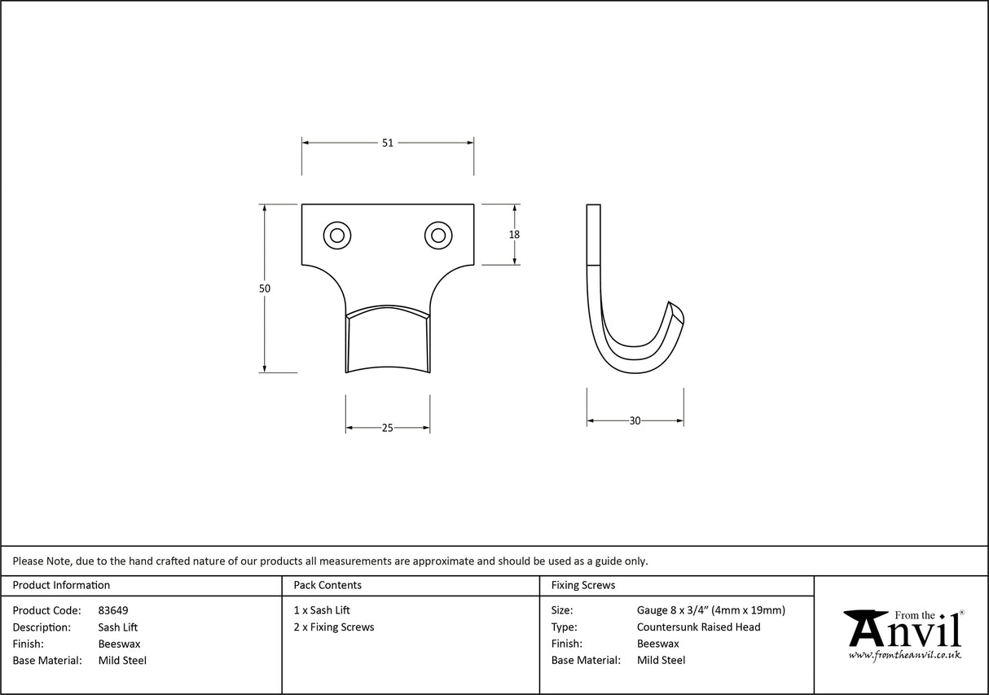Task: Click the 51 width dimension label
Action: pos(388,143)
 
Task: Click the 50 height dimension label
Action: pos(265,288)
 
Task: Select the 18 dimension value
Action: pos(514,235)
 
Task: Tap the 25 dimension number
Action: pos(388,428)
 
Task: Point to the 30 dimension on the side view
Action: pos(635,421)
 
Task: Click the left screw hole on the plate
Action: pos(336,235)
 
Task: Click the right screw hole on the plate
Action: pos(438,235)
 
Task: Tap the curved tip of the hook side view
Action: pos(676,310)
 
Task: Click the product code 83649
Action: pos(113,610)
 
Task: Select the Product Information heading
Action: pos(61,585)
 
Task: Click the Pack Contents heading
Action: pos(327,585)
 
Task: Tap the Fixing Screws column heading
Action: pos(583,585)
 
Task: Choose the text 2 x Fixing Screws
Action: pos(334,627)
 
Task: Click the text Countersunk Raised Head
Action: pos(698,627)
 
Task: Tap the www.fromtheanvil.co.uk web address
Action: pos(904,655)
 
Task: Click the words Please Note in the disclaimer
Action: pos(42,561)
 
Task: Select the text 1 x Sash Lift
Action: pos(322,610)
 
